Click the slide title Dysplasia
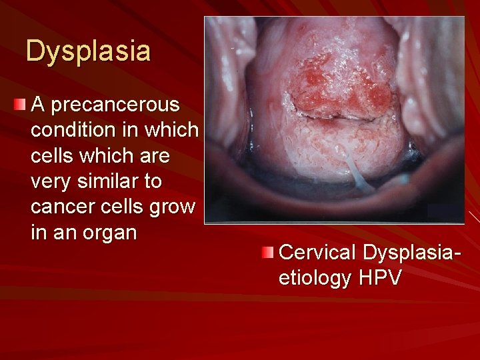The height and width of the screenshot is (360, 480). coord(88,51)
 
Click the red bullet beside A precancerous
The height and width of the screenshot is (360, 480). coord(20,104)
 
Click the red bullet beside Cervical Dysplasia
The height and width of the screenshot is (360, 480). coord(267,252)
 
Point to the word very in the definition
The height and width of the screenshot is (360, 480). coord(49,181)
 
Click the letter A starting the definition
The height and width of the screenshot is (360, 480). coord(38,105)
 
